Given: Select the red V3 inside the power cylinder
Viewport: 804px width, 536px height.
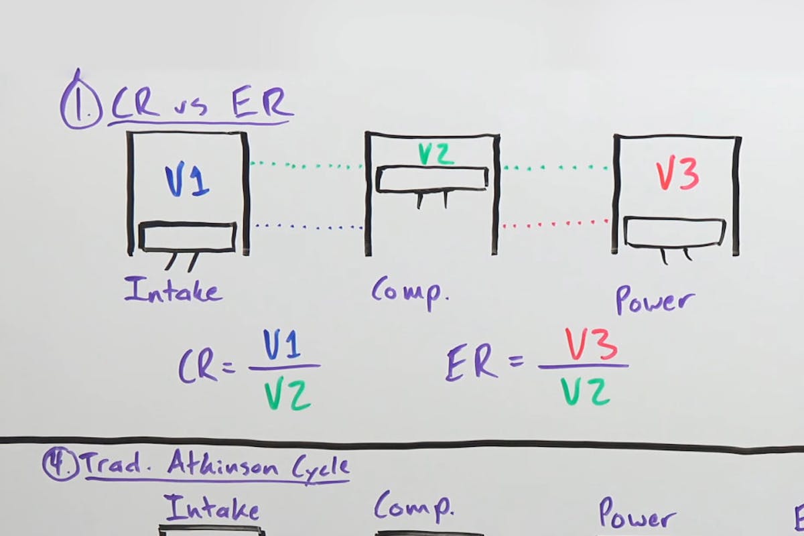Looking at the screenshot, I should click(677, 175).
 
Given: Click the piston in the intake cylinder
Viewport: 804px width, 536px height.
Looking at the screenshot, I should click(188, 237).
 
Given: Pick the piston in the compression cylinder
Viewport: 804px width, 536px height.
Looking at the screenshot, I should click(432, 180).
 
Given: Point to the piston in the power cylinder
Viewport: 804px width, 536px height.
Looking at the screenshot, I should click(675, 232).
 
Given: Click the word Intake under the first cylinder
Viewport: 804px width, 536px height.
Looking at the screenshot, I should click(173, 290).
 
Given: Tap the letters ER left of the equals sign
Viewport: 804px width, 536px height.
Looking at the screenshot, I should click(472, 364).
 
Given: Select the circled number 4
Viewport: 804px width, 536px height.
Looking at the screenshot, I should click(60, 464).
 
